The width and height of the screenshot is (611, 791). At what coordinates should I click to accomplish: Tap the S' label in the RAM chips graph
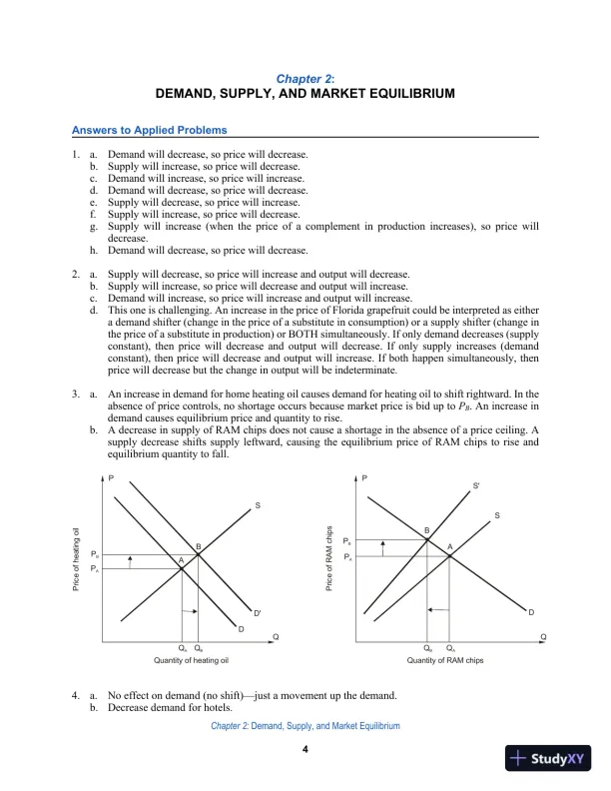click(475, 485)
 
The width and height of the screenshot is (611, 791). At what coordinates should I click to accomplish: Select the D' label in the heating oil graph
click(257, 612)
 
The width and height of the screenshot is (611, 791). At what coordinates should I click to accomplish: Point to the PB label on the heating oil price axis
click(94, 553)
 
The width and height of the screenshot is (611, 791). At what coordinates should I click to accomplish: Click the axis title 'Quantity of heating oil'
click(192, 661)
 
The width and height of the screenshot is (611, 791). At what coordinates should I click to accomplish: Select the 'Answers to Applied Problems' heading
click(149, 130)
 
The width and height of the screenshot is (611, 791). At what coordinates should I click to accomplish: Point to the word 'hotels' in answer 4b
click(199, 707)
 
